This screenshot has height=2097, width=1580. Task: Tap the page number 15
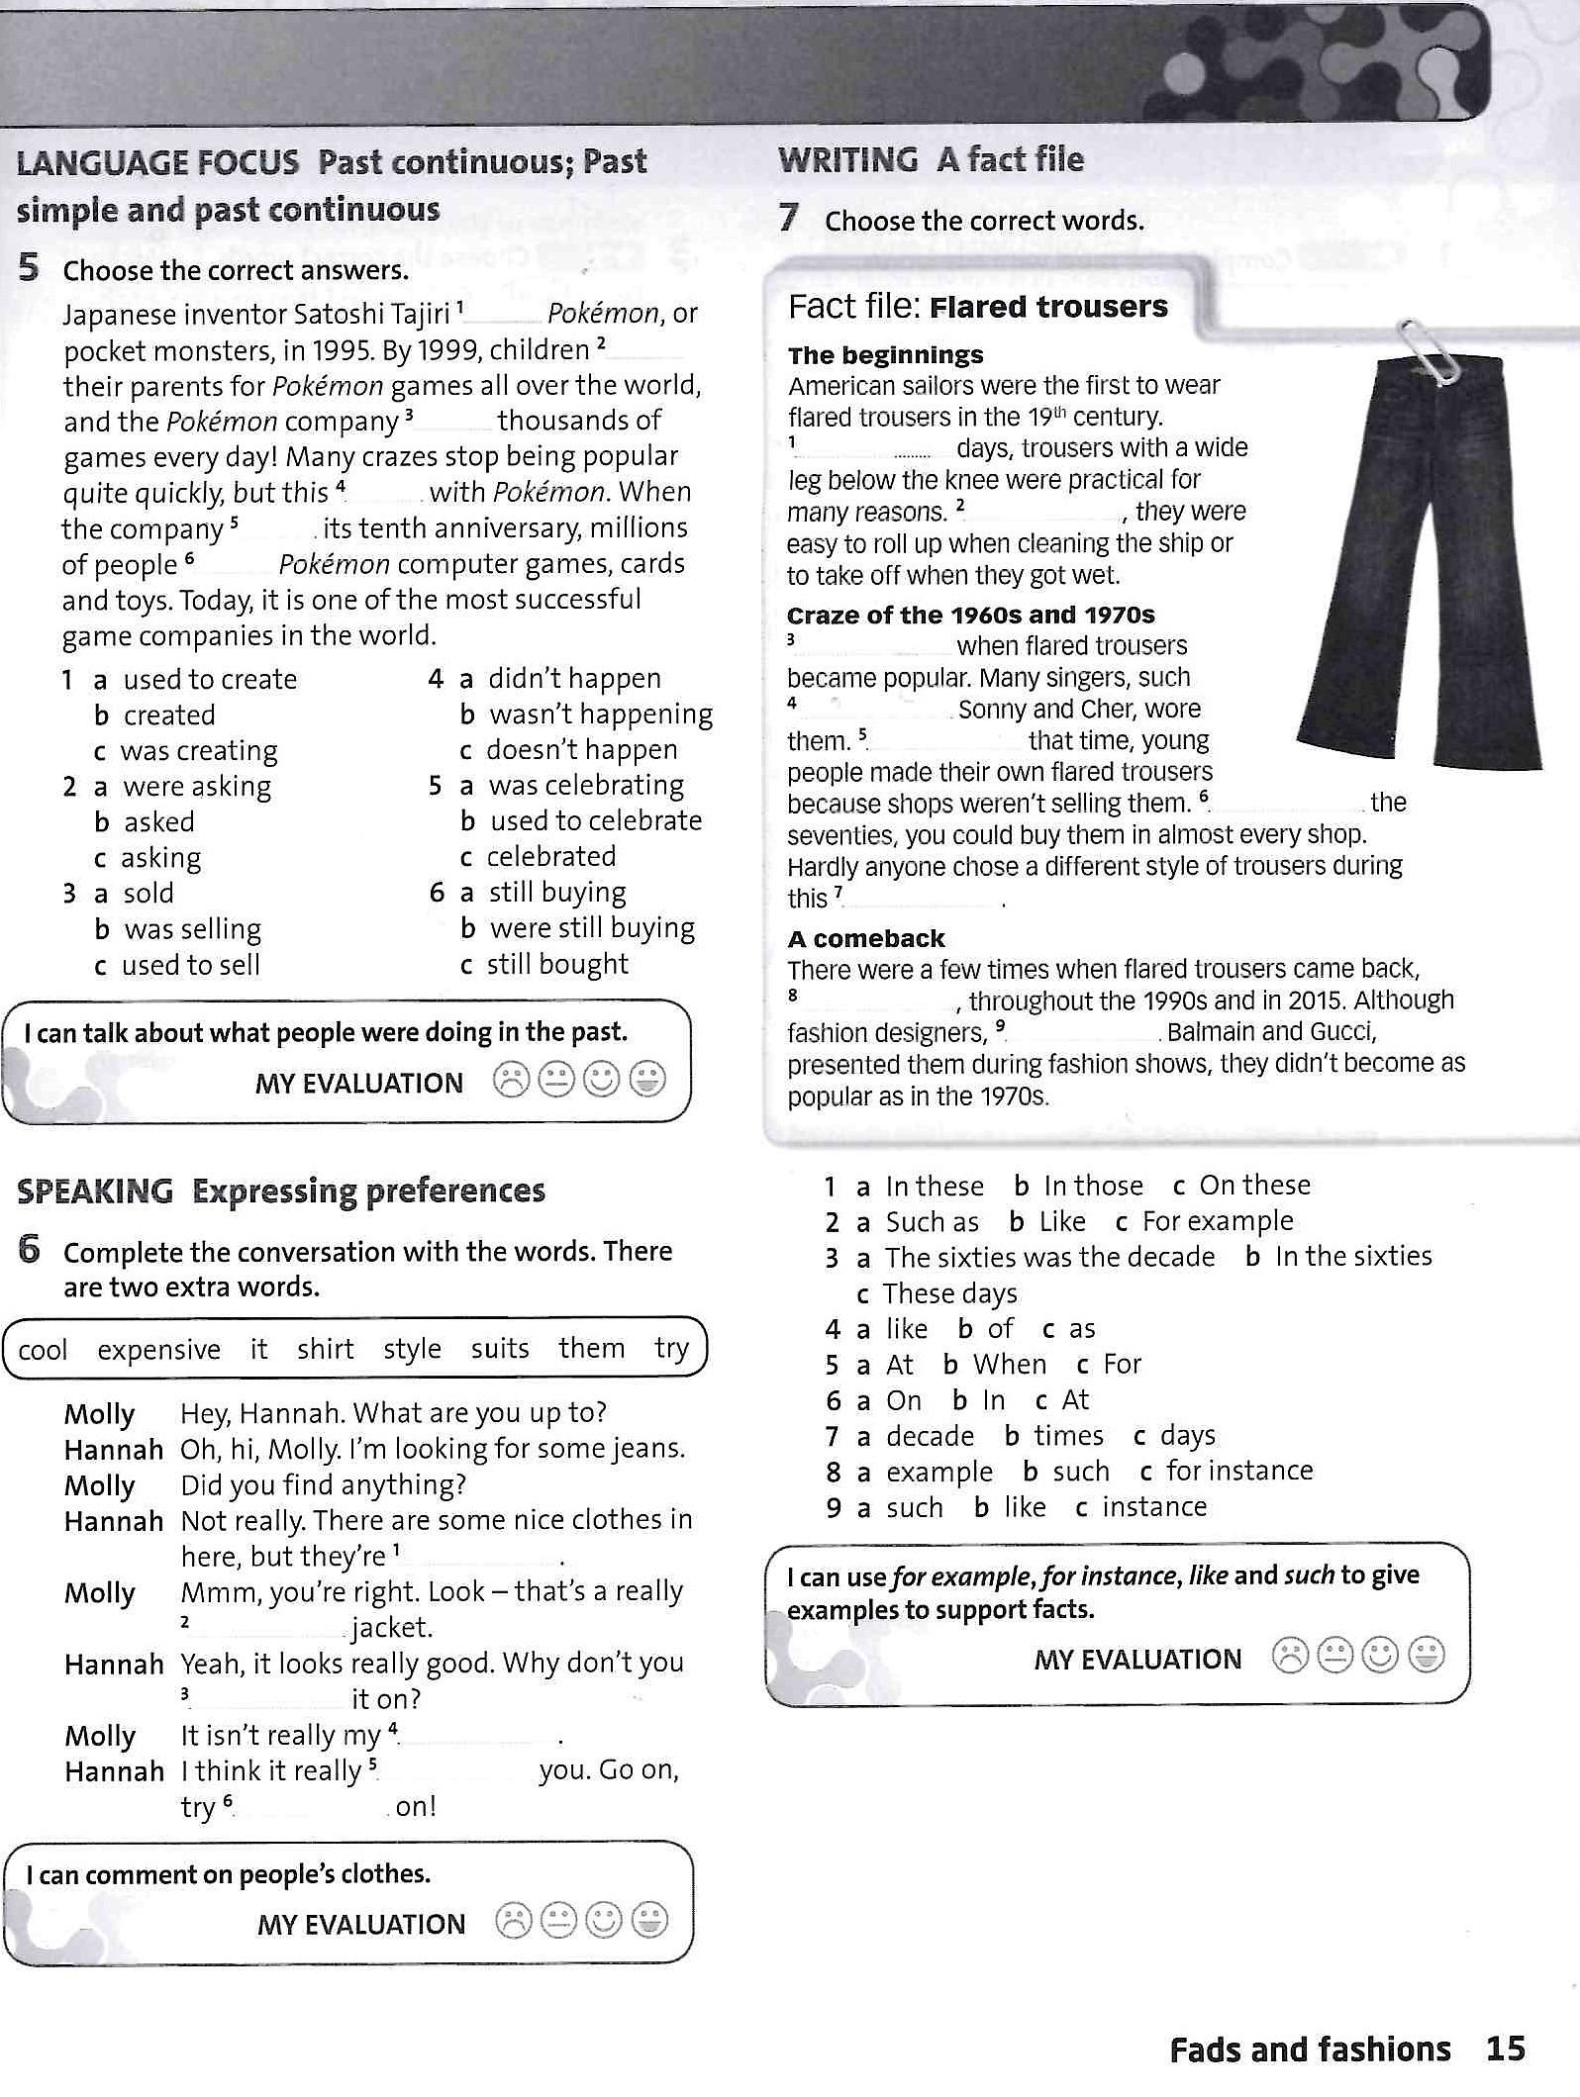click(x=1505, y=2048)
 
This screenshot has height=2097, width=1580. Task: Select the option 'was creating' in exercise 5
click(x=198, y=751)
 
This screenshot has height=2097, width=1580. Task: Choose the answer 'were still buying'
click(x=592, y=928)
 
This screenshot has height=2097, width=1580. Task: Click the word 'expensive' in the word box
click(x=158, y=1350)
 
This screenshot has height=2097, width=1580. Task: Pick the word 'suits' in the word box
click(x=500, y=1349)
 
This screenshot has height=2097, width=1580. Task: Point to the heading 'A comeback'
click(x=866, y=938)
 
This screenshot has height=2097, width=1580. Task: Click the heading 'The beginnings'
click(x=885, y=355)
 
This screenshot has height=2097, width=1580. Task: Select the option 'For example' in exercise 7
click(x=1218, y=1221)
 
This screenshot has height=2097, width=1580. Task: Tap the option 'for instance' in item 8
click(x=1239, y=1471)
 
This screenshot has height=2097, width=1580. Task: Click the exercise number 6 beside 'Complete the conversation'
click(x=30, y=1251)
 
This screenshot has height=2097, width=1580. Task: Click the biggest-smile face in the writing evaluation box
click(x=1426, y=1655)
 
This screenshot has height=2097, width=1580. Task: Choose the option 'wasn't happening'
click(x=600, y=715)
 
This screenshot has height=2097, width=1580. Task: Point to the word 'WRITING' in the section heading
click(x=848, y=159)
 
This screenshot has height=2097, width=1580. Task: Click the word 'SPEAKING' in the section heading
click(x=95, y=1191)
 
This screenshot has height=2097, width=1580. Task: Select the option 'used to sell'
click(x=191, y=965)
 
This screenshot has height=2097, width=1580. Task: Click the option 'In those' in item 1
click(x=1093, y=1186)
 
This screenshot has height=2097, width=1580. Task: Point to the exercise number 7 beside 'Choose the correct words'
click(x=788, y=218)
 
